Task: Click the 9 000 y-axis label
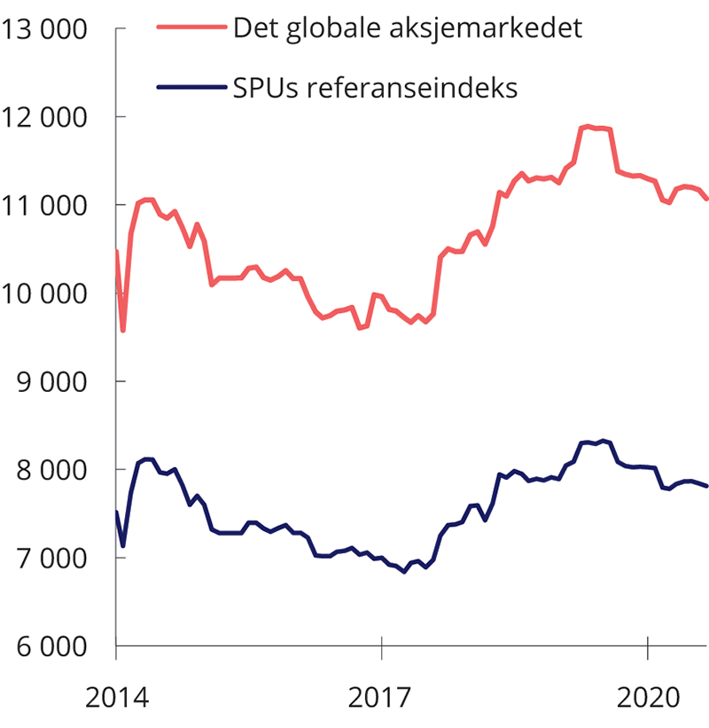(51, 381)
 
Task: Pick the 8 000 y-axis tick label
(51, 469)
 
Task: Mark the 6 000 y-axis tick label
(51, 646)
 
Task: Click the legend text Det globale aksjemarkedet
(407, 28)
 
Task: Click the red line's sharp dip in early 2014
(123, 331)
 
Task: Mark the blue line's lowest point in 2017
(404, 572)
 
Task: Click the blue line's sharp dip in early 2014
(123, 545)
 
